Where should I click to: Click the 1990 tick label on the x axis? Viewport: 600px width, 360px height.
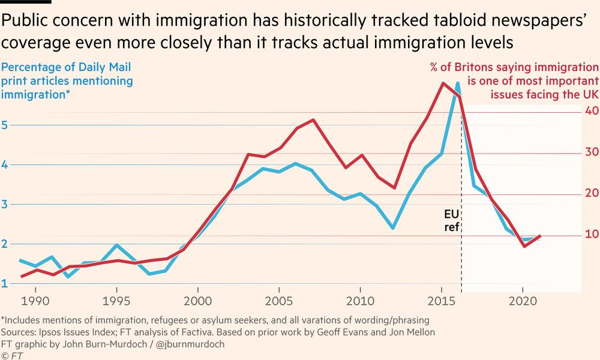pyautogui.click(x=35, y=301)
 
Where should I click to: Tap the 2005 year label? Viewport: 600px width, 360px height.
pyautogui.click(x=279, y=301)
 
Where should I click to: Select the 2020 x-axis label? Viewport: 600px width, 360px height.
pyautogui.click(x=523, y=301)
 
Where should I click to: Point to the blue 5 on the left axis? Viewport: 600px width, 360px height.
pyautogui.click(x=5, y=125)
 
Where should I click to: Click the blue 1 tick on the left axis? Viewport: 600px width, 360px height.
pyautogui.click(x=5, y=283)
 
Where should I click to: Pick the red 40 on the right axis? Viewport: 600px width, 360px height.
pyautogui.click(x=592, y=111)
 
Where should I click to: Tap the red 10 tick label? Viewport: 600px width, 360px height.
pyautogui.click(x=592, y=234)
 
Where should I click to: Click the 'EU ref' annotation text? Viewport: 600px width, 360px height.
pyautogui.click(x=452, y=220)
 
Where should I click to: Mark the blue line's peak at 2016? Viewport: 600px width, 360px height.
pyautogui.click(x=457, y=83)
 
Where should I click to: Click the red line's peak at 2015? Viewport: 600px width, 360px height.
pyautogui.click(x=443, y=83)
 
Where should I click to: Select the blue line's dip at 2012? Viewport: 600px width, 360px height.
pyautogui.click(x=393, y=228)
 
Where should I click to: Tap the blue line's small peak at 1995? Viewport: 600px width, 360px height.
pyautogui.click(x=117, y=245)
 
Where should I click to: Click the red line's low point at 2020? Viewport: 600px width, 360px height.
pyautogui.click(x=524, y=245)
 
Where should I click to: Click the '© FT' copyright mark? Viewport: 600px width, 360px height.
pyautogui.click(x=12, y=355)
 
